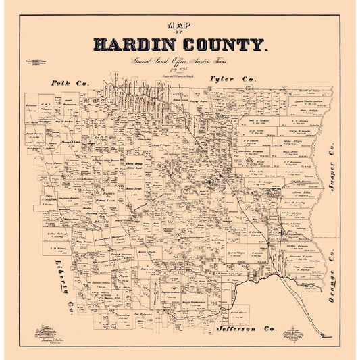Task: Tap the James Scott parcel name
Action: click(x=132, y=188)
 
